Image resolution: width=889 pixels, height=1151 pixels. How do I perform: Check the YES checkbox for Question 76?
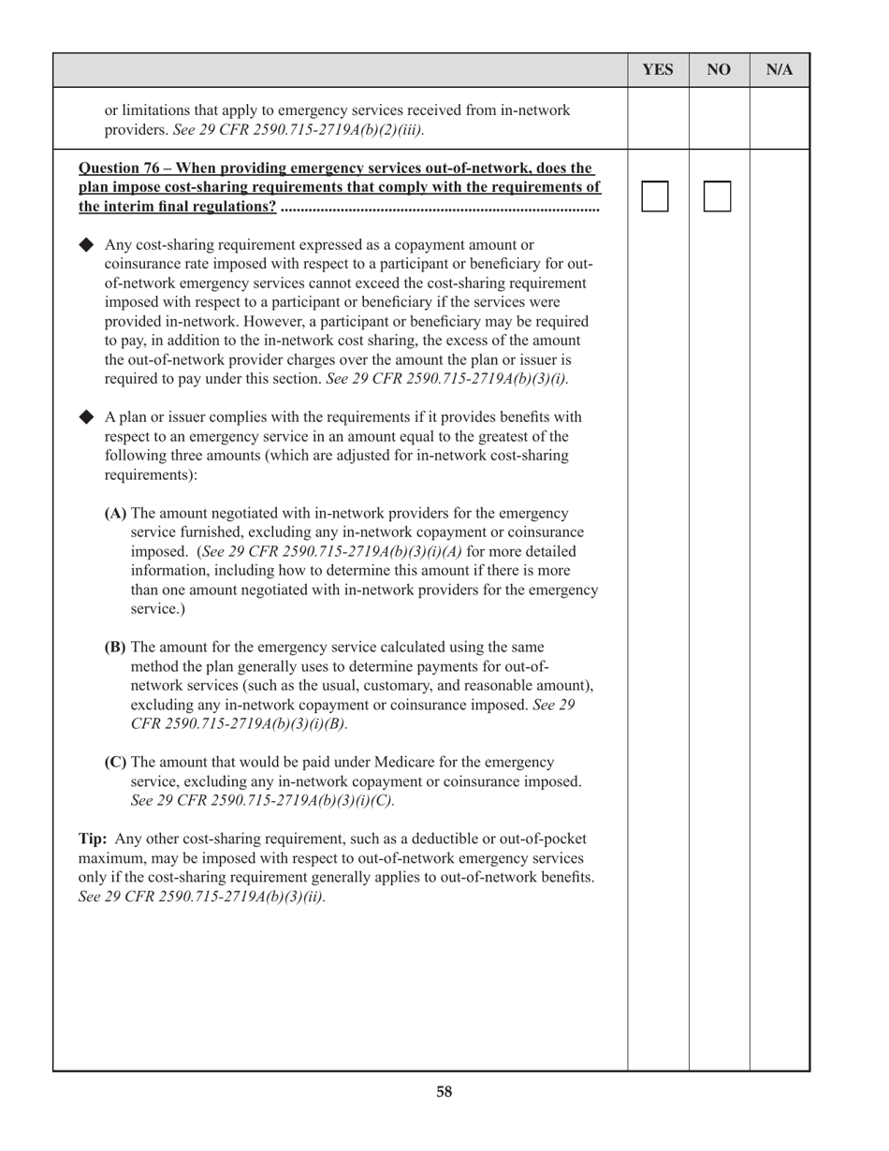655,197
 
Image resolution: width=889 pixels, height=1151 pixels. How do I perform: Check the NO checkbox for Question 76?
717,197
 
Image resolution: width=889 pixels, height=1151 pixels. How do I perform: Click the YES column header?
658,70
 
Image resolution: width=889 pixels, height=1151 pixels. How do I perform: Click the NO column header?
719,70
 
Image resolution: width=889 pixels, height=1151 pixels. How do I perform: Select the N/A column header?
780,70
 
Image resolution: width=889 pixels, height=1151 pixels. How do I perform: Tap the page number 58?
444,1092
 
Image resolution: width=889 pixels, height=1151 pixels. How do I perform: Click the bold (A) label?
116,514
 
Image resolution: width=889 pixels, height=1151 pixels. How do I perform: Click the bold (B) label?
115,648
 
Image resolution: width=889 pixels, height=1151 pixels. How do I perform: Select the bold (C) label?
115,763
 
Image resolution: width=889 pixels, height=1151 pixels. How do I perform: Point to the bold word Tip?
94,839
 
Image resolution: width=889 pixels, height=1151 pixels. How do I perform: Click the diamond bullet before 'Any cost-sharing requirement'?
87,245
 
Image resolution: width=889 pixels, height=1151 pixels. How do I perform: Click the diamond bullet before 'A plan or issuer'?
87,416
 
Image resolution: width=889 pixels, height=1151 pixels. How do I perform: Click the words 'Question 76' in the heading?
117,168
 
